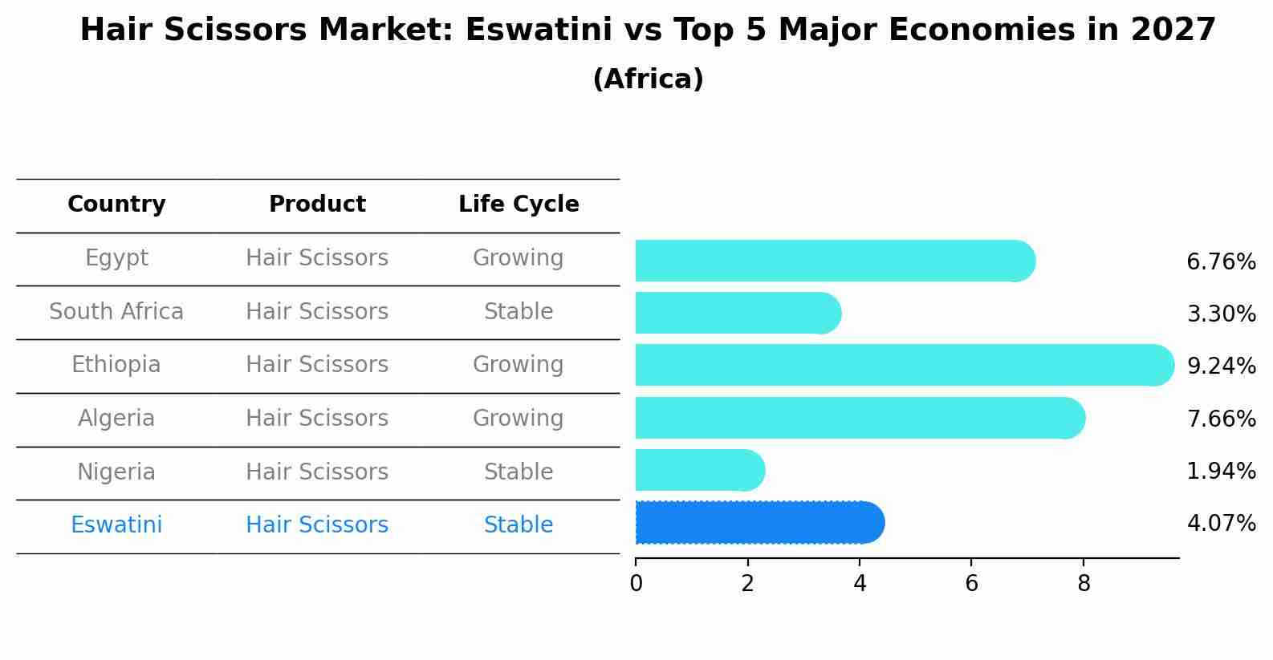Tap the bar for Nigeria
coord(698,471)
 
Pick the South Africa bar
coord(737,313)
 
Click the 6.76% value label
coord(1220,262)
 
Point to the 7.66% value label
coord(1220,419)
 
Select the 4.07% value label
coord(1220,524)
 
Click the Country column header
coord(116,204)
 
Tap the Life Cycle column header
coord(519,204)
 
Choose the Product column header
coord(317,204)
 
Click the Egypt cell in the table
coord(116,258)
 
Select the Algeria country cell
coord(116,419)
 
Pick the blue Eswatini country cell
coord(116,525)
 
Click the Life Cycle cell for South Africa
coord(519,312)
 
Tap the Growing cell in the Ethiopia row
coord(519,365)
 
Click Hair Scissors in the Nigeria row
coord(317,472)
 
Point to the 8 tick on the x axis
coord(1084,584)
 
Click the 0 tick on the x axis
coord(636,584)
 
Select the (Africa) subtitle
coord(648,79)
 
